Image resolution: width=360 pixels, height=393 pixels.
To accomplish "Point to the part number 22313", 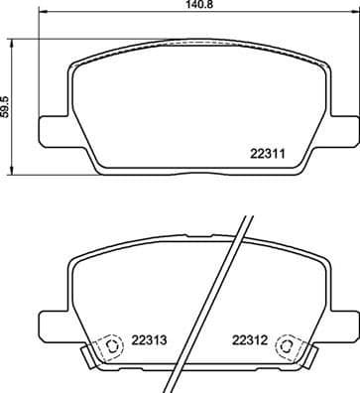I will click(x=148, y=339).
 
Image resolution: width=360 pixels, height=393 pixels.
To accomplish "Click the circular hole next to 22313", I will click(x=111, y=347).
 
